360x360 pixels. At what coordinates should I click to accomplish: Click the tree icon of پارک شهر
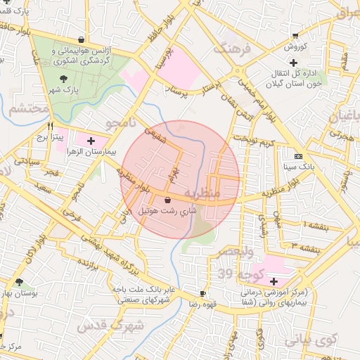[65, 79]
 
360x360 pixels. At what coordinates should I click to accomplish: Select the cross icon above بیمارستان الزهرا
[91, 141]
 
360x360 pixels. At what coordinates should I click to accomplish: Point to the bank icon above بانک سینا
[299, 156]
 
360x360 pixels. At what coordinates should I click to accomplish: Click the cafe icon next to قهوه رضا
[202, 294]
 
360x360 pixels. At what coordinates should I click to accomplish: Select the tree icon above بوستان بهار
[19, 282]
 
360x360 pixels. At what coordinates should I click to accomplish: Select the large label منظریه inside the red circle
[202, 191]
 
